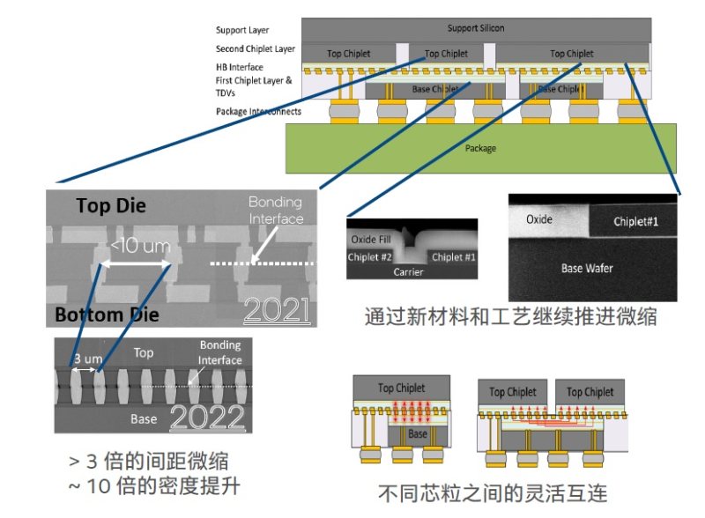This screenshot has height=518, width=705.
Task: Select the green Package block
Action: [x=480, y=148]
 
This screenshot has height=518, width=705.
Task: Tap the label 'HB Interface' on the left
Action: [x=239, y=68]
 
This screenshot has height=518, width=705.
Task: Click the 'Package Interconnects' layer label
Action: [x=257, y=112]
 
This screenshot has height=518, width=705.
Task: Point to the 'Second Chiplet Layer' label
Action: [x=256, y=49]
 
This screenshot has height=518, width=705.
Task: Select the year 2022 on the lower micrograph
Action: [x=208, y=417]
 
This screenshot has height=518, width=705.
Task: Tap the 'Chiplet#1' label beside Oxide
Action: [x=641, y=222]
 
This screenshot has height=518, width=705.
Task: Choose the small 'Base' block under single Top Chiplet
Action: [x=416, y=434]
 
